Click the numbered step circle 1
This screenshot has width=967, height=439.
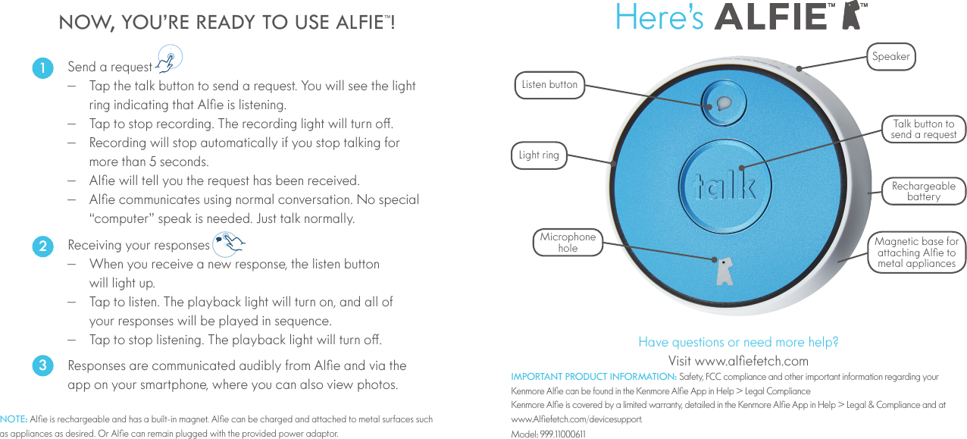click(43, 67)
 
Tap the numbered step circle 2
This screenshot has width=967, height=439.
click(43, 246)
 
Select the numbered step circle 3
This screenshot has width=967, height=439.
click(43, 365)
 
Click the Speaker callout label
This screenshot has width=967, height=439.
click(890, 56)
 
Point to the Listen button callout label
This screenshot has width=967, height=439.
click(549, 84)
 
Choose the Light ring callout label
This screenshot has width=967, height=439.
click(539, 155)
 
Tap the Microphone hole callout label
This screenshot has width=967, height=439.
click(568, 243)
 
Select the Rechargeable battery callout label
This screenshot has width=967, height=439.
click(923, 191)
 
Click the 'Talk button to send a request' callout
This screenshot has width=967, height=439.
click(923, 129)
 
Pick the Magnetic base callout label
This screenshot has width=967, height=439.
click(916, 252)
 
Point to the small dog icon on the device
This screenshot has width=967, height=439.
click(724, 270)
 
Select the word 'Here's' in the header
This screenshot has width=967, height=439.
click(659, 17)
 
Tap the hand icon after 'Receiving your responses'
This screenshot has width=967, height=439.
click(229, 243)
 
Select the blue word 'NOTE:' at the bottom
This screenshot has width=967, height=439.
click(14, 419)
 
